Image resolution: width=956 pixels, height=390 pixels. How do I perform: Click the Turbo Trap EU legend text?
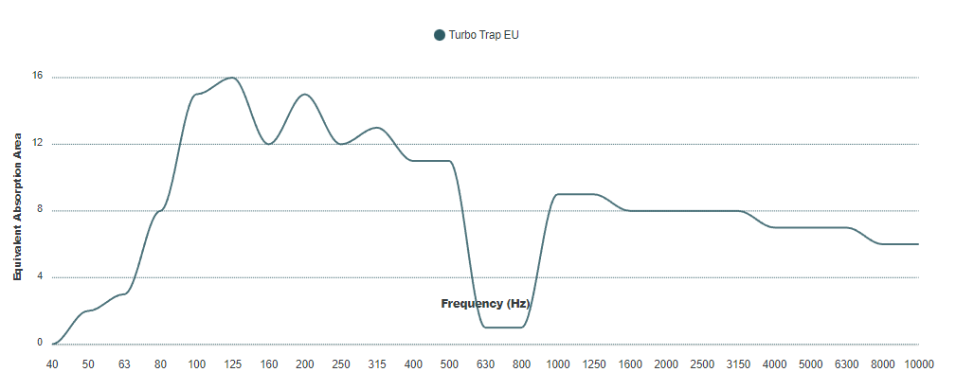point(483,35)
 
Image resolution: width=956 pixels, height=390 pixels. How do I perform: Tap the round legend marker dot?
point(440,35)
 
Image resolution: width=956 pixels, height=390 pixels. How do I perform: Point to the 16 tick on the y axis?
point(39,77)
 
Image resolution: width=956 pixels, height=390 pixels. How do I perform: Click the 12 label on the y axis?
point(39,144)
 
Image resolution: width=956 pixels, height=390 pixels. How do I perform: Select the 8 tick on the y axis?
point(39,210)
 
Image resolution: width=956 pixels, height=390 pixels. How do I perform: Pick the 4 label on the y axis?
point(39,276)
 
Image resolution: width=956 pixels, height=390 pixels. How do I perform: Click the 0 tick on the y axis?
point(39,343)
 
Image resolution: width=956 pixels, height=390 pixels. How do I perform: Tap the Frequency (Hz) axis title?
point(485,304)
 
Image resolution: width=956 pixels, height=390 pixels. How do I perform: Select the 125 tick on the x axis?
point(233,364)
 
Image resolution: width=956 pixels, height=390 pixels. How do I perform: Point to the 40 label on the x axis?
point(53,364)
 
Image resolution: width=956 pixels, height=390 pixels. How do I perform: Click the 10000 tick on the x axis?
point(919,364)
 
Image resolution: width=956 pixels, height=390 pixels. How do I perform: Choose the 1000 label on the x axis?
point(558,364)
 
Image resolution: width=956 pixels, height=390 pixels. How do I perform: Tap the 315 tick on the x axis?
point(377,364)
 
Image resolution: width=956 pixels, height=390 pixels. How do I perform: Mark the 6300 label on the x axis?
point(847,364)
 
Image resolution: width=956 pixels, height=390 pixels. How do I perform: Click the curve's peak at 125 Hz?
point(233,78)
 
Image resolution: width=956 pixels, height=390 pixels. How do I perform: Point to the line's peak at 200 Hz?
point(305,95)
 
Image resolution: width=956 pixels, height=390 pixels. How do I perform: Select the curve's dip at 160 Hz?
point(269,144)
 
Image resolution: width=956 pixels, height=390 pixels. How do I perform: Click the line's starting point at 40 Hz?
point(53,344)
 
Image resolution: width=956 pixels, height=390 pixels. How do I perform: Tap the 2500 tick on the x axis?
point(702,364)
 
